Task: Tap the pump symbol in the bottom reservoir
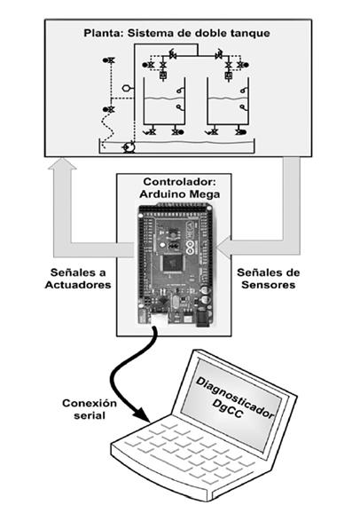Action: (129, 147)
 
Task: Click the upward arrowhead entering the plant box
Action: (62, 163)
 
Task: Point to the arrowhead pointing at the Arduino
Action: (224, 248)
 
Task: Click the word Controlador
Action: (179, 182)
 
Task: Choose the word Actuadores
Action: (78, 285)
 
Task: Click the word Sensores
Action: (269, 285)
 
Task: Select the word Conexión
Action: (90, 403)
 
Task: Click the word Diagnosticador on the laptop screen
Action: (234, 397)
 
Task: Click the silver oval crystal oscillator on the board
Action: (175, 302)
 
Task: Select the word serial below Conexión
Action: (90, 415)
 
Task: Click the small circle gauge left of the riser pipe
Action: (126, 88)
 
